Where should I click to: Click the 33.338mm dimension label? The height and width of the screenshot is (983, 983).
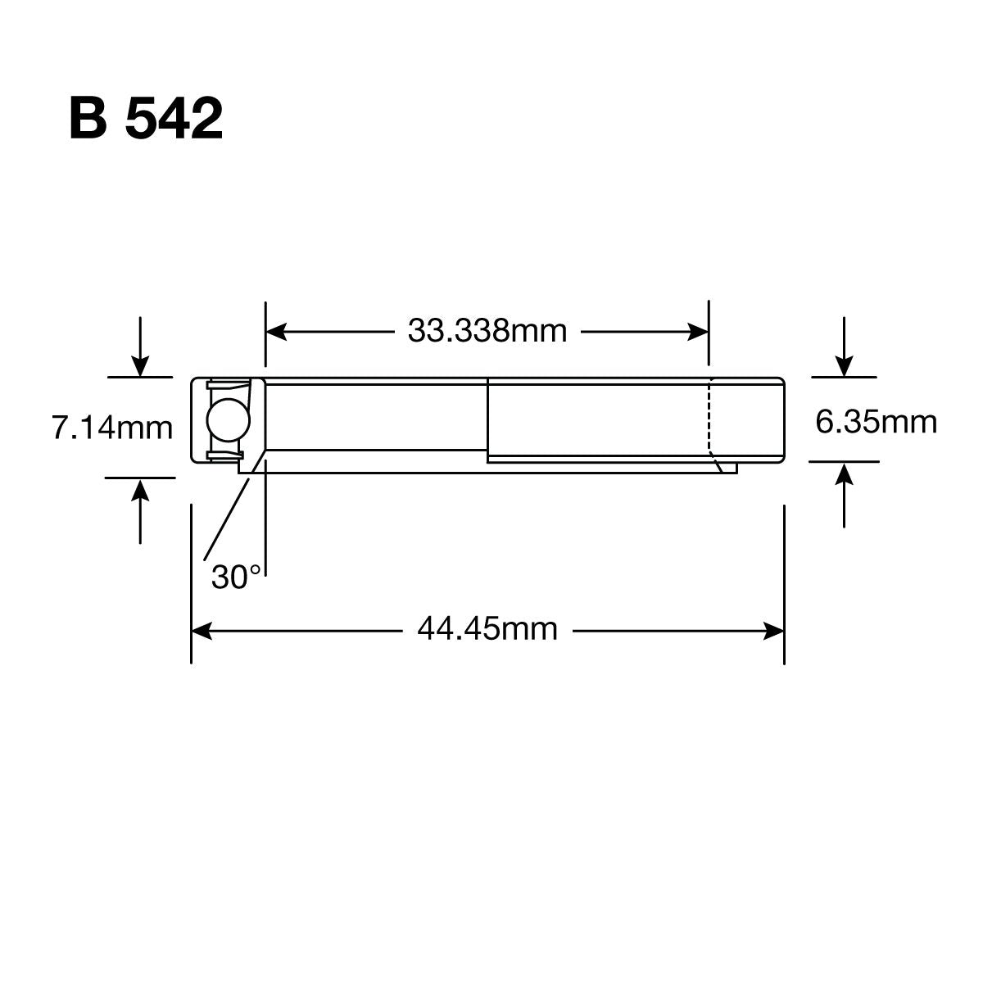487,332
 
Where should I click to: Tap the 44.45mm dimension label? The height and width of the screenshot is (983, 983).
487,630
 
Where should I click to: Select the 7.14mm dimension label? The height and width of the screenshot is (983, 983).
112,428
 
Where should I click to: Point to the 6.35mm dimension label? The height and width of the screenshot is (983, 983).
876,422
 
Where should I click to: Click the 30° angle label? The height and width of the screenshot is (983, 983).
235,578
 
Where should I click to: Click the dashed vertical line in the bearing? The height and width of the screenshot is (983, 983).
709,418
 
